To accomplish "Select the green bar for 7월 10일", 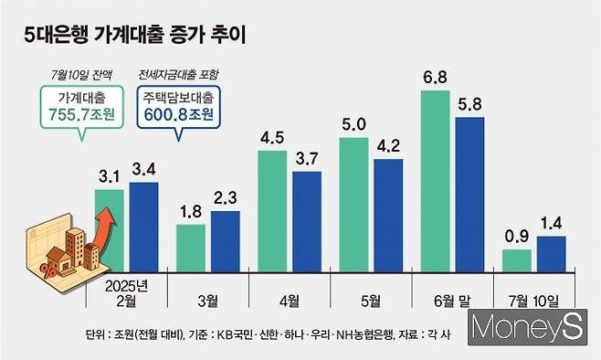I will [x=516, y=260].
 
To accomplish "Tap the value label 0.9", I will [x=516, y=236].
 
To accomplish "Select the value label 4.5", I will [x=272, y=138].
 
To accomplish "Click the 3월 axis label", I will [x=207, y=298].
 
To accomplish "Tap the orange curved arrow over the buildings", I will [x=103, y=229].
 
